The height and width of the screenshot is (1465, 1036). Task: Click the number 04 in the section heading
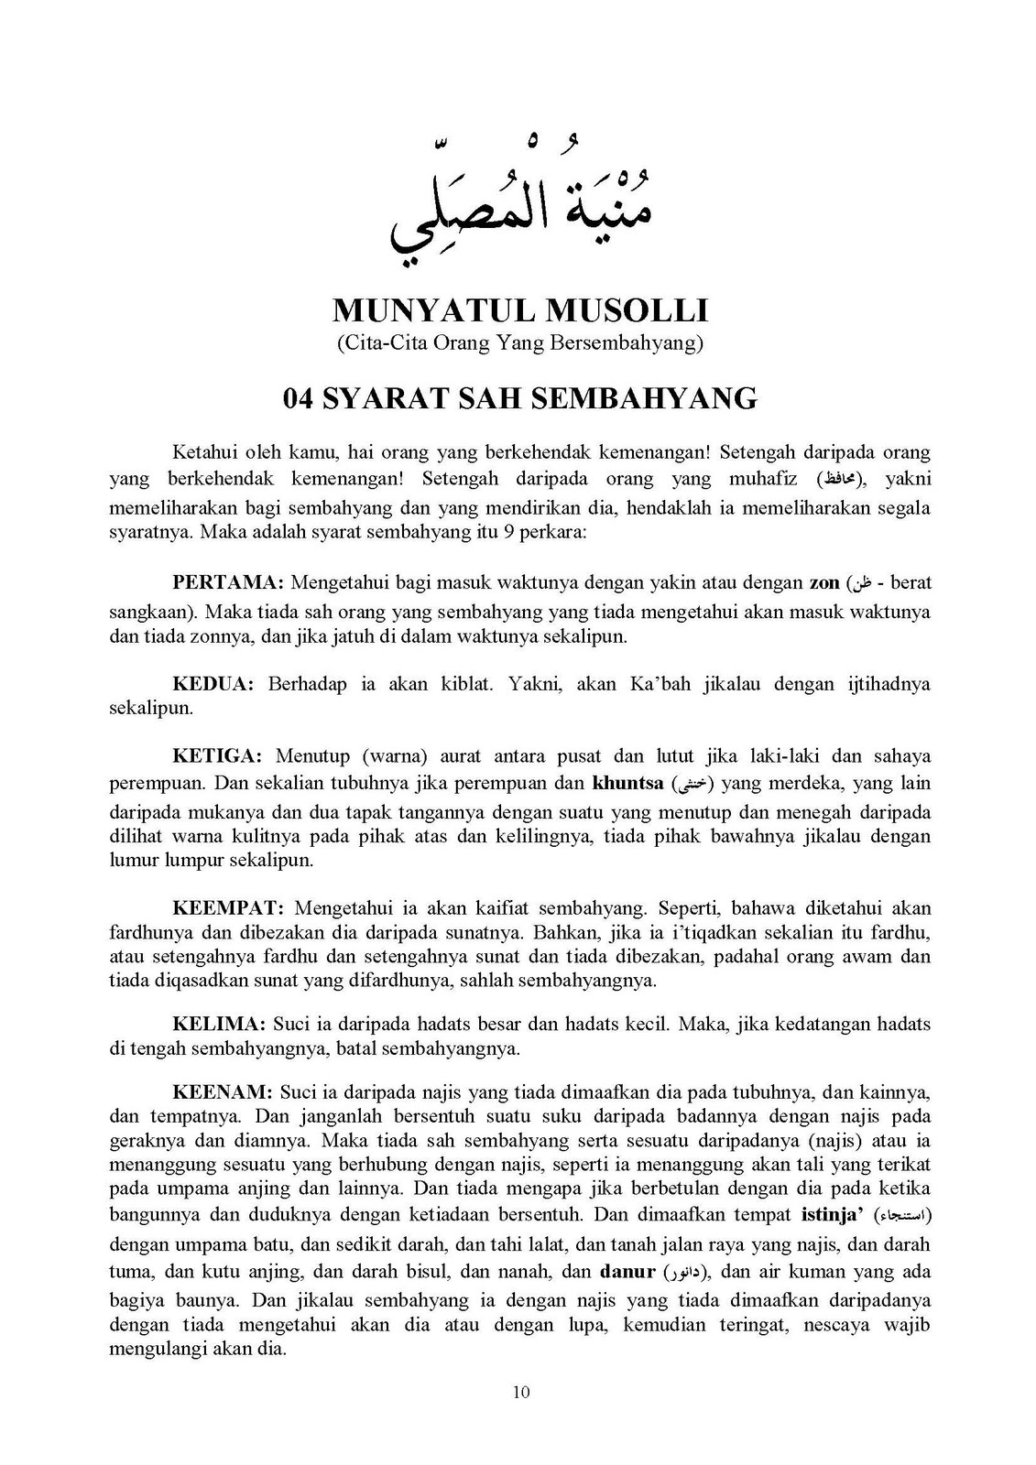tap(300, 398)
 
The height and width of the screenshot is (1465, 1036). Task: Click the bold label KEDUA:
tap(213, 683)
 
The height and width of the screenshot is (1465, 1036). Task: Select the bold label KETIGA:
tap(218, 756)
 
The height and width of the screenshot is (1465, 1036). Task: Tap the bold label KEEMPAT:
tap(229, 908)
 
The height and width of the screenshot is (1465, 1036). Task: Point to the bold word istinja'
tap(834, 1216)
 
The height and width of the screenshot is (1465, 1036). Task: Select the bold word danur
tap(627, 1271)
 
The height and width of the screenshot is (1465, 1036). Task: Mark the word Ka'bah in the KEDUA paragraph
tap(659, 683)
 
